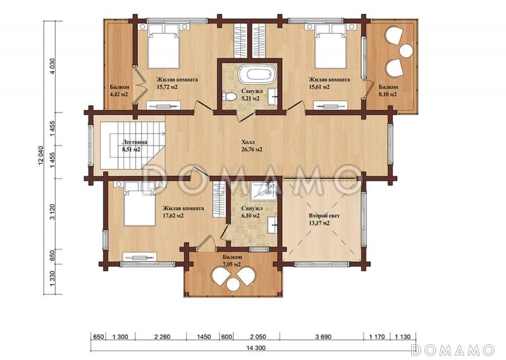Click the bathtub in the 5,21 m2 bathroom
coord(259,73)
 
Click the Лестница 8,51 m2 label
coord(135,146)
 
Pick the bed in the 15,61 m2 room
coord(331,46)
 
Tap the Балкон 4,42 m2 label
coord(118,90)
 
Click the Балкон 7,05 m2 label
coord(231,261)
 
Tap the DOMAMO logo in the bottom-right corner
coord(452,349)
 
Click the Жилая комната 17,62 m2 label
coord(183,211)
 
